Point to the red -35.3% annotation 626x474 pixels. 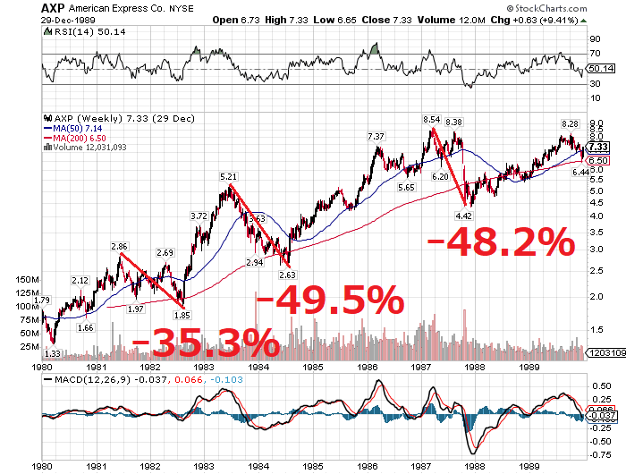(x=205, y=343)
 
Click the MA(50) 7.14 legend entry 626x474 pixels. (x=77, y=128)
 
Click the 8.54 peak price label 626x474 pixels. (x=432, y=119)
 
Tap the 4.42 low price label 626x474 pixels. (x=463, y=215)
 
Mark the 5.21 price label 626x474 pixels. (x=228, y=177)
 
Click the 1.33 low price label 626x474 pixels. (x=52, y=354)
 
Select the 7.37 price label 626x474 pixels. (x=376, y=136)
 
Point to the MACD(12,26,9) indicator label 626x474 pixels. (x=88, y=379)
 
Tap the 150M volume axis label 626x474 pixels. (x=28, y=280)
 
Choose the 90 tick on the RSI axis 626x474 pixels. (x=594, y=39)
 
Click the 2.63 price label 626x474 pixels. (x=287, y=275)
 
